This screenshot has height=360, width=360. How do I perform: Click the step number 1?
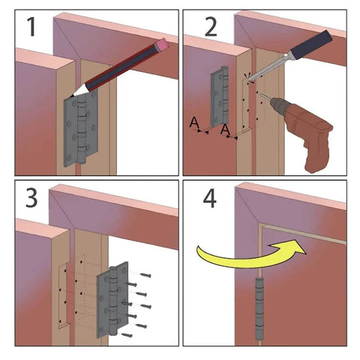[31, 28]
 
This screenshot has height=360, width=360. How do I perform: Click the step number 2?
[210, 28]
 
